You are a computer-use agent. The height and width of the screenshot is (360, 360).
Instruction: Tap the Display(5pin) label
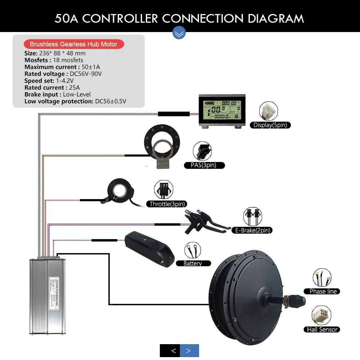(x=270, y=125)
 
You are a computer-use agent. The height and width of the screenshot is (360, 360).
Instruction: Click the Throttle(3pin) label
(x=167, y=204)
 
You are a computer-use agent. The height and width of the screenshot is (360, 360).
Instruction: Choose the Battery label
(x=193, y=264)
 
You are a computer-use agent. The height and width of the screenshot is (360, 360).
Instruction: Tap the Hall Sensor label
(x=322, y=329)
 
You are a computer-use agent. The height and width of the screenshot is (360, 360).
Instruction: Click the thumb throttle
(x=120, y=191)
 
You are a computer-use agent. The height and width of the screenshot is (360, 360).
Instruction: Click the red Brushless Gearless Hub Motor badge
(x=74, y=44)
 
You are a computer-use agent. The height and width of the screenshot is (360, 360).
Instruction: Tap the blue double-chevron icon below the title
(x=179, y=33)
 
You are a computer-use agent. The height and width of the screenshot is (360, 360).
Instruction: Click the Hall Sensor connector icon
(x=321, y=315)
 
